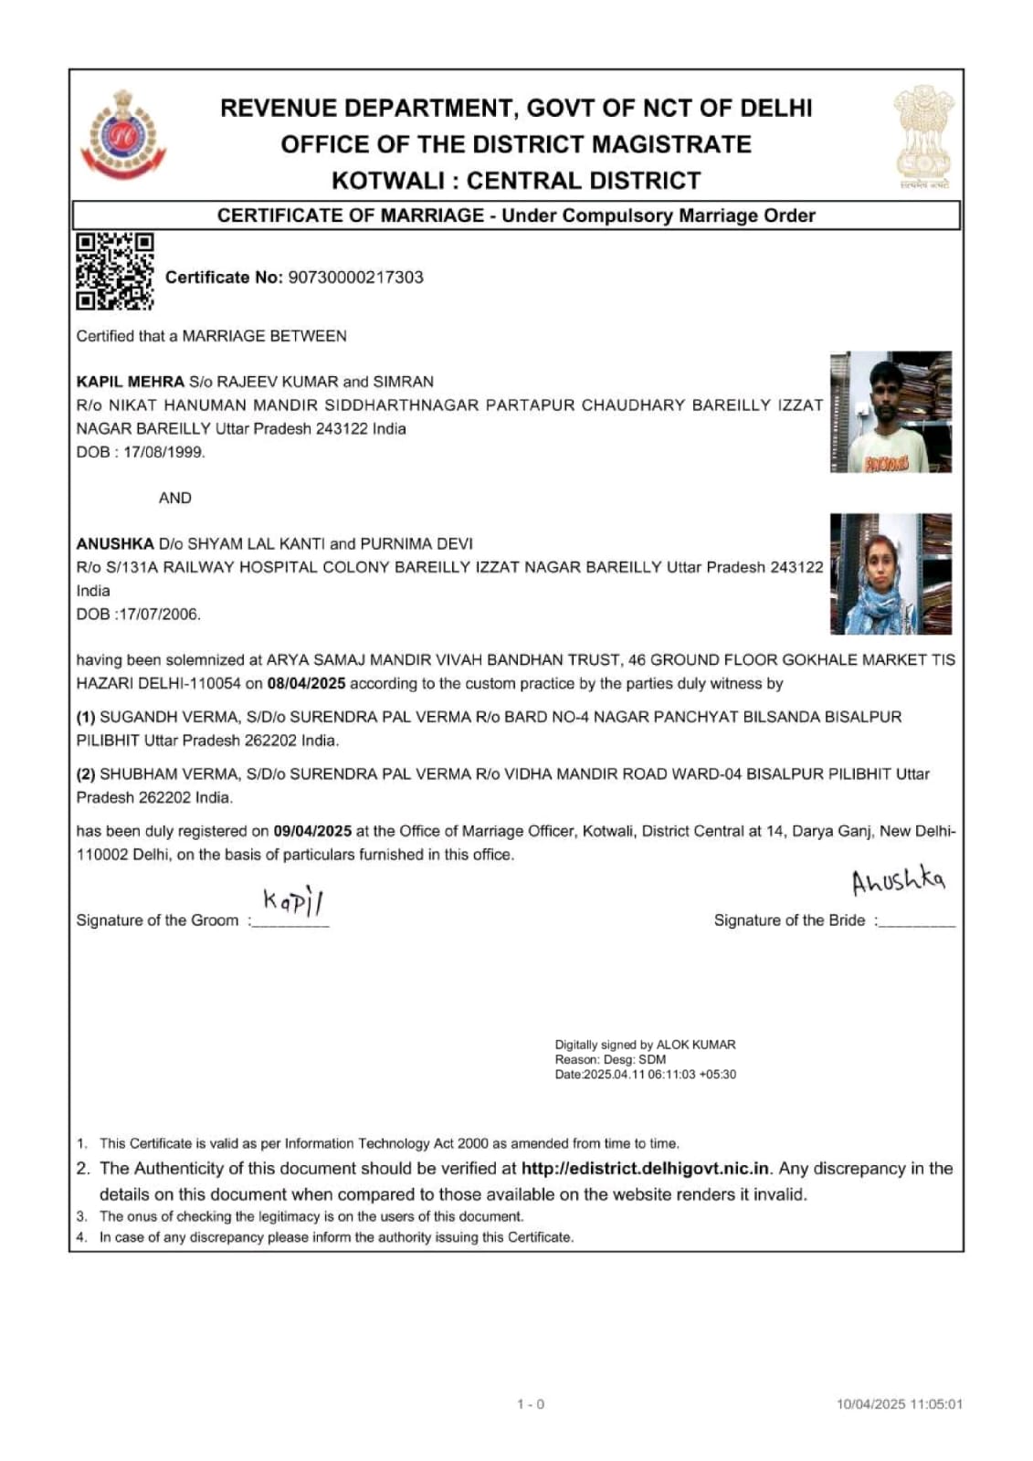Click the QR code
coord(114,271)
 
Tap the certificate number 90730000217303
coord(355,278)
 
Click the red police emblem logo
coord(123,136)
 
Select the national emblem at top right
coord(922,136)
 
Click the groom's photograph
coord(891,412)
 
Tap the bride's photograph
coord(891,573)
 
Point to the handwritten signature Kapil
coord(293,901)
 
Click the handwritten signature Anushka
coord(898,881)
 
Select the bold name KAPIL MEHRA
coord(131,382)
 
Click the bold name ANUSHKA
coord(115,543)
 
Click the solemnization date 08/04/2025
coord(306,684)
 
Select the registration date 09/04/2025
coord(312,831)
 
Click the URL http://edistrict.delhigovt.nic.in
coord(645,1169)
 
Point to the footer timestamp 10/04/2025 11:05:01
coord(899,1404)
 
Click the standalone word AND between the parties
coord(174,498)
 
